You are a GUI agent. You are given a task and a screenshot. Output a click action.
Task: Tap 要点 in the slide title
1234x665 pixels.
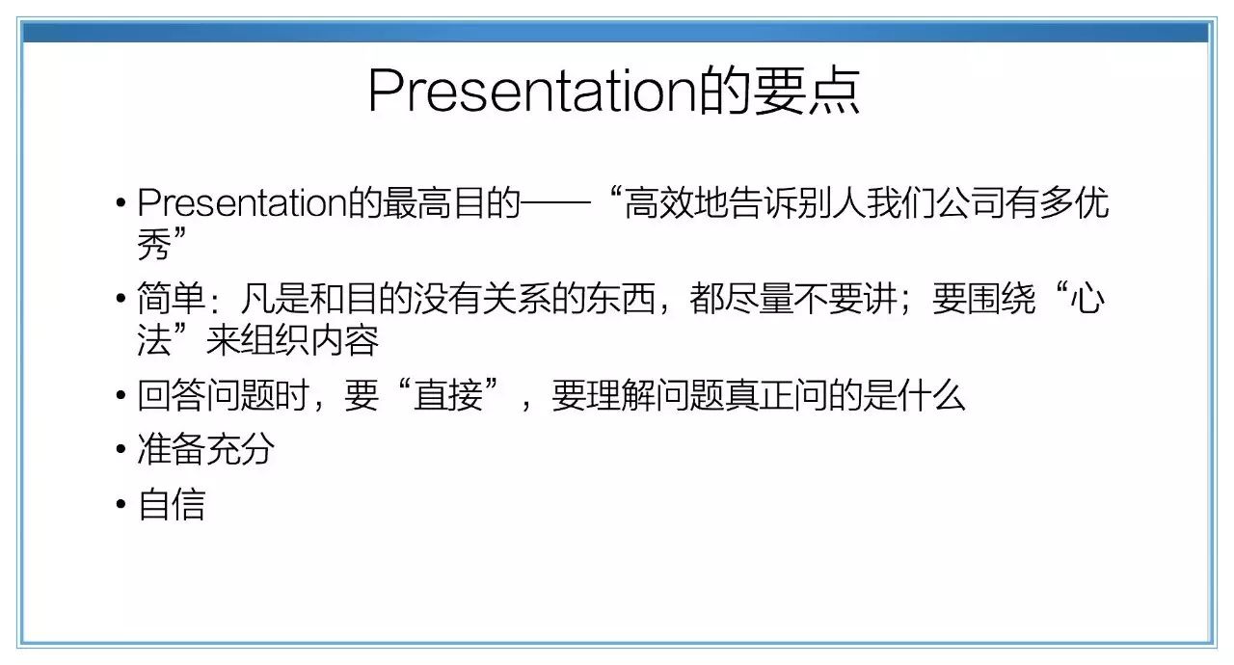[807, 91]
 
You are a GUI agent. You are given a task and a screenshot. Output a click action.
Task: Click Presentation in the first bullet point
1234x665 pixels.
[243, 203]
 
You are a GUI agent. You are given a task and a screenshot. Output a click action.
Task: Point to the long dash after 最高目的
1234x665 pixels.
[555, 202]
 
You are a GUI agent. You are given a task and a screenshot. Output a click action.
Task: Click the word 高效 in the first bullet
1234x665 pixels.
[658, 203]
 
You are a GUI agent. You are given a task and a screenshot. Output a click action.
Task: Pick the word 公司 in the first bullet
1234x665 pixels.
[970, 203]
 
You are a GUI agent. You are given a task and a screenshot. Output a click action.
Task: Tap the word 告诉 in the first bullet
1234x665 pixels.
[762, 203]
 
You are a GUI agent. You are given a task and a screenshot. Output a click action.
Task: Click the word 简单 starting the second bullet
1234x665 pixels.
[172, 299]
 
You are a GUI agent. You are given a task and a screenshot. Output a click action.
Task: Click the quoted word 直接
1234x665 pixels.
[448, 395]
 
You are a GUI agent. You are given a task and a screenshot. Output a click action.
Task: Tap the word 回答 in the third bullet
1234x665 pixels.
[172, 395]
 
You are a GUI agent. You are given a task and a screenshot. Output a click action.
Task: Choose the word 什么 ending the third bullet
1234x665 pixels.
[931, 395]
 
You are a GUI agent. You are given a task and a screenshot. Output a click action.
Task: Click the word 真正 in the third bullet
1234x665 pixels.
[759, 395]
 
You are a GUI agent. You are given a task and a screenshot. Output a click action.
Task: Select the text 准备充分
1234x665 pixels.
[206, 449]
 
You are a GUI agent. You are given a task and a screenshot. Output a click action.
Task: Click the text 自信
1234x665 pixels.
[172, 504]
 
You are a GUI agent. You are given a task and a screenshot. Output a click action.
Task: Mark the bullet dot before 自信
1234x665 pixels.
[121, 504]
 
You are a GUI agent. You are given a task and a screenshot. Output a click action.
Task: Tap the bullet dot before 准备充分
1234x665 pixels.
[121, 449]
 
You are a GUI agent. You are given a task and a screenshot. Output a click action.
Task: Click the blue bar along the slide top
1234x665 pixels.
[616, 33]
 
